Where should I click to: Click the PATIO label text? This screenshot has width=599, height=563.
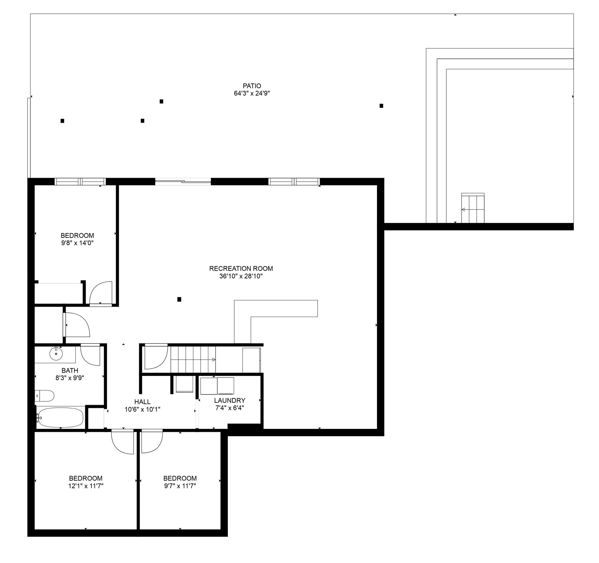coord(252,86)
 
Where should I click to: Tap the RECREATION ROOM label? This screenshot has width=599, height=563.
coord(241,269)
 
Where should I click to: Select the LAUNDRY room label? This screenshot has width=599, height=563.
coord(230,400)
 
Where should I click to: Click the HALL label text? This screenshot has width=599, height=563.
coord(142,402)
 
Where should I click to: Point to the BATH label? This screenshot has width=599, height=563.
coord(70,371)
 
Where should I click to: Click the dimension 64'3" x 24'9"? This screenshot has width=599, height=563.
coord(252,93)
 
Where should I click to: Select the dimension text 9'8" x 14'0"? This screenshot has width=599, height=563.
coord(78,243)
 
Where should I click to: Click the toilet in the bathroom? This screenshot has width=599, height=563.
coord(44,396)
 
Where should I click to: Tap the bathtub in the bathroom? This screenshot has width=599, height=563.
coord(60,418)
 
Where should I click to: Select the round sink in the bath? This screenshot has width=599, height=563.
coord(56,354)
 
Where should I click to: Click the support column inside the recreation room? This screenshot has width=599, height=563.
coord(179,299)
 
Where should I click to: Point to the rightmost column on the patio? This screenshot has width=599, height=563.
coord(381,106)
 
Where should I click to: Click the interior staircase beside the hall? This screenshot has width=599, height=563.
coord(193,360)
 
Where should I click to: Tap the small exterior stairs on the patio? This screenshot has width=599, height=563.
coord(473,208)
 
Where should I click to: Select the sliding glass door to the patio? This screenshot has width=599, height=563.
coord(183,181)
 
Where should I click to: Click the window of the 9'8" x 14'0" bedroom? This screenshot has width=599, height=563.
coord(80,181)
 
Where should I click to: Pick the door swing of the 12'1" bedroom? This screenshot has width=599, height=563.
coord(122,442)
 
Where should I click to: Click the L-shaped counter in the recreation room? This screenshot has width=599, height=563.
coord(276,308)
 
